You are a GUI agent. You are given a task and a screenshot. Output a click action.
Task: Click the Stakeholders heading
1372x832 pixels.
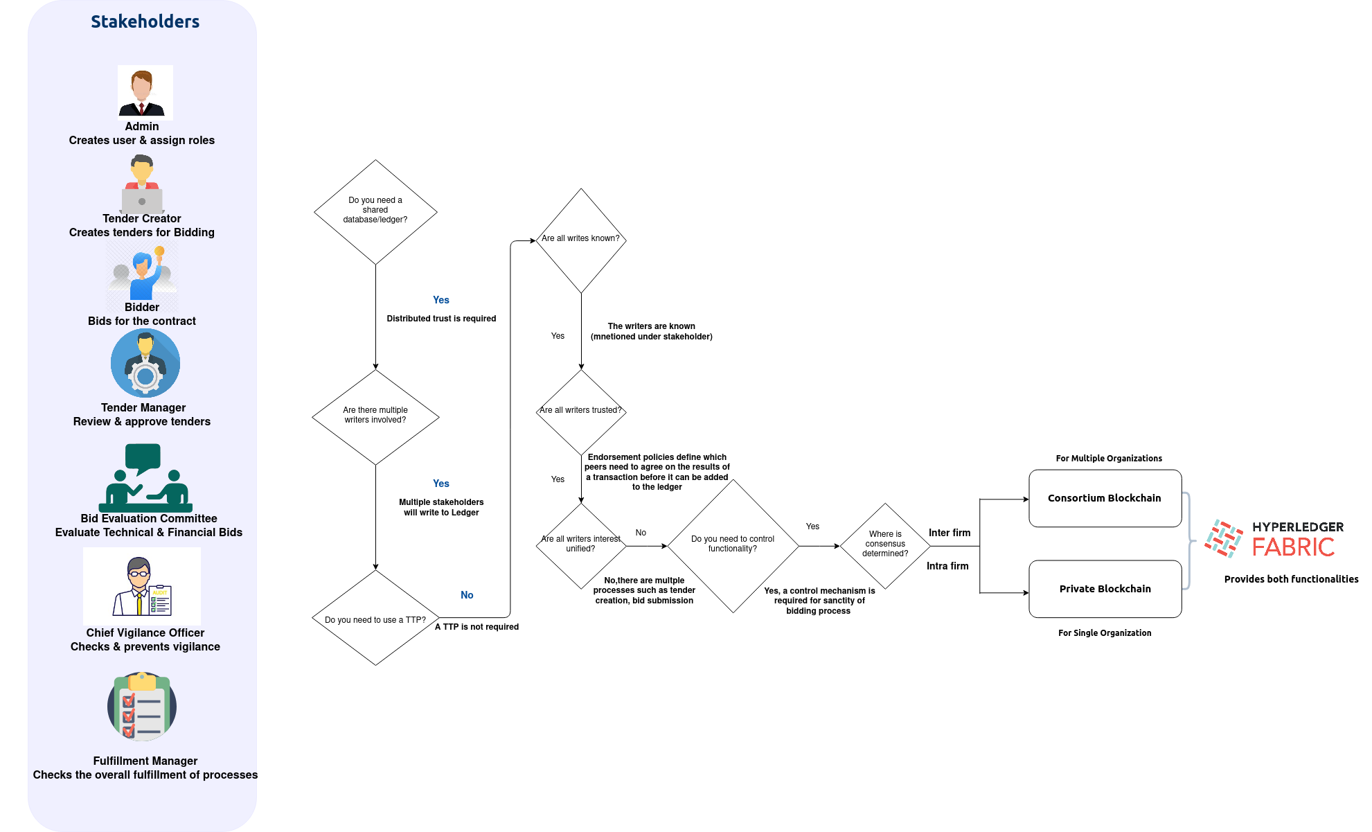pos(145,21)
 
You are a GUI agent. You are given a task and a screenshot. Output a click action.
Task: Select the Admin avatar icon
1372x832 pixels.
pos(145,92)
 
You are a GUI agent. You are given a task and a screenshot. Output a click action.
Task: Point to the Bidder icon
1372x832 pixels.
pos(143,274)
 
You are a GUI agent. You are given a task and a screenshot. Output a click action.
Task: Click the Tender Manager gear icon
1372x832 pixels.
pos(145,363)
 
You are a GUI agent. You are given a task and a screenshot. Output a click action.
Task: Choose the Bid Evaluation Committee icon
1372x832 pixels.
pos(145,477)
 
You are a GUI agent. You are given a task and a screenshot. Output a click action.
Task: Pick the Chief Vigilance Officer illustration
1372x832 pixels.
pos(142,587)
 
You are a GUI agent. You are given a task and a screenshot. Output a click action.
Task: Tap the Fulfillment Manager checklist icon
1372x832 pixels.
pos(142,707)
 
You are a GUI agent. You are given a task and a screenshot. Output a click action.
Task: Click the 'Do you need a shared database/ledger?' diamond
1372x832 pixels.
pos(375,211)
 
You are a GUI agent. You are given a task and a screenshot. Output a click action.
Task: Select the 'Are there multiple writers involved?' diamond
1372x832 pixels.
pos(375,416)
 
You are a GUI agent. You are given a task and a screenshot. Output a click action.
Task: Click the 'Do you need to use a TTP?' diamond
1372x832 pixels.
pos(375,618)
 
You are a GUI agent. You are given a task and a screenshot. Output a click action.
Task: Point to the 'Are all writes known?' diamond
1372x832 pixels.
pos(581,240)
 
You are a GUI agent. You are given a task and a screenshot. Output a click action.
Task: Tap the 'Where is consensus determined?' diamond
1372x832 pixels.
pos(885,545)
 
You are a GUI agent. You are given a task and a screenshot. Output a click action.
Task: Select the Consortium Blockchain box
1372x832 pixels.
pos(1105,498)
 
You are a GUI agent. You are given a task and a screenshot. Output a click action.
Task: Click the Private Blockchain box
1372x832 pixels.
pos(1105,589)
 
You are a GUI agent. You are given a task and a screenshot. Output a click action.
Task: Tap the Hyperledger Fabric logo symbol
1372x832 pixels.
pos(1223,538)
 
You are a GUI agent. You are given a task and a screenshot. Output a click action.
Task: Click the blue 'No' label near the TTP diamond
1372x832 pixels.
pos(467,595)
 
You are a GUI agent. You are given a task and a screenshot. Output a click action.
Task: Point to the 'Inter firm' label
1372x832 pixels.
pos(949,533)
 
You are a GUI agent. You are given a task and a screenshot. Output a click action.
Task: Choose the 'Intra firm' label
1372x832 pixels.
pos(947,566)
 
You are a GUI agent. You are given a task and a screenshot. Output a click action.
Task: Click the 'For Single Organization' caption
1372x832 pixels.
pos(1105,633)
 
